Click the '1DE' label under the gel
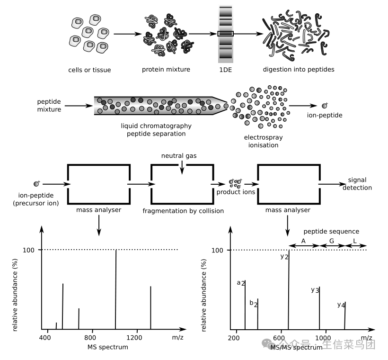225,70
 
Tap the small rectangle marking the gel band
225,34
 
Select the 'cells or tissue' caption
89,70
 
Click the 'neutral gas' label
179,155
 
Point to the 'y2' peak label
284,256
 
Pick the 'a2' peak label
241,283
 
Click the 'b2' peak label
254,303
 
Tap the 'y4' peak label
341,305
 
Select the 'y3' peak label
315,289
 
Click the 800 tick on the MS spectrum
92,338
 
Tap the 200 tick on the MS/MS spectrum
234,338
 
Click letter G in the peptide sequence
332,241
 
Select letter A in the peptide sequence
303,241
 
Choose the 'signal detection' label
360,184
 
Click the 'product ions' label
236,192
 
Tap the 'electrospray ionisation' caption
264,141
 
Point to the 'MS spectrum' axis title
108,347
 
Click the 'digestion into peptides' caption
299,70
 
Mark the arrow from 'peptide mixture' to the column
79,106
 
